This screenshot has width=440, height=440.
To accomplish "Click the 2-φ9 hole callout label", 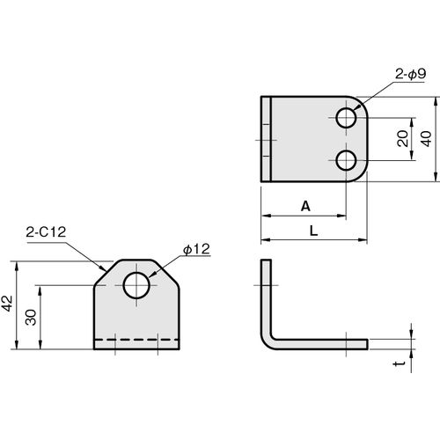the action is click(x=410, y=74).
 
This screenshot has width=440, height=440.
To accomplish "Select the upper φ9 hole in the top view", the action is click(x=347, y=118).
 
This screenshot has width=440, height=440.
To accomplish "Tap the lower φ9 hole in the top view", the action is click(x=347, y=161).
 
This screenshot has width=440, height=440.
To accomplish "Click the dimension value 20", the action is click(x=403, y=138).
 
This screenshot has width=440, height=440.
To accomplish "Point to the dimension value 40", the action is click(x=427, y=139).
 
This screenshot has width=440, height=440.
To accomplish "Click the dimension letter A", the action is click(x=305, y=207).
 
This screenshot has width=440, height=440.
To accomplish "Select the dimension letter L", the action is click(x=314, y=231).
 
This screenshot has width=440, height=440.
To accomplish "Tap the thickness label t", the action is click(x=400, y=363).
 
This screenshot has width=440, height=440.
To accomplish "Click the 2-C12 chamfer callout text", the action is click(x=46, y=232).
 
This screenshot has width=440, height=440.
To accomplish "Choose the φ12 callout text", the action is click(x=196, y=249).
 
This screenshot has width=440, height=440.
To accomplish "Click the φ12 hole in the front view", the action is click(x=136, y=285).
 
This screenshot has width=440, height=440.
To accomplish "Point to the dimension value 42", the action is click(x=7, y=303).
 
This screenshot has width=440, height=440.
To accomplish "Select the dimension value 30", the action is click(x=31, y=317).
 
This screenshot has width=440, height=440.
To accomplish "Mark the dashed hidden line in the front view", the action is click(x=136, y=340).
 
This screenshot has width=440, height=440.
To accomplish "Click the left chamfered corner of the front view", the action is click(x=107, y=273).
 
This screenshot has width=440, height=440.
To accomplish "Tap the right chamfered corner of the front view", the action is click(x=166, y=273).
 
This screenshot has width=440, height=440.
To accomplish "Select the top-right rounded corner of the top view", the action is click(x=362, y=103).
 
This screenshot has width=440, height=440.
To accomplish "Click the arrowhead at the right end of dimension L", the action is click(x=363, y=240).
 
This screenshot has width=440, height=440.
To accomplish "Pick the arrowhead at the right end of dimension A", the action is click(x=342, y=216).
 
